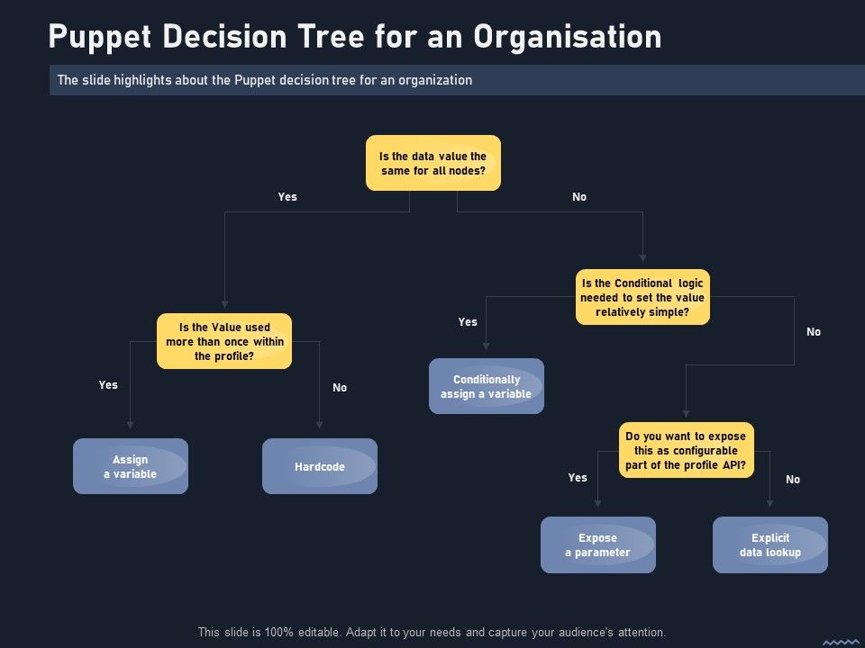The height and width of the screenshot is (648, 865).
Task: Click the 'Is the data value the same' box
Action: [x=432, y=163]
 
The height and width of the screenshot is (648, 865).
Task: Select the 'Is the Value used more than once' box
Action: [x=224, y=341]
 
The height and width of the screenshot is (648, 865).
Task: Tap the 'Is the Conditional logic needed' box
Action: [x=642, y=297]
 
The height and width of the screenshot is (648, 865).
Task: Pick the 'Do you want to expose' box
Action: [x=686, y=450]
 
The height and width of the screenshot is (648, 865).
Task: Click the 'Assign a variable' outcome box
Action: [x=131, y=466]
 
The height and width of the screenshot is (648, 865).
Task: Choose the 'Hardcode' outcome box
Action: [x=320, y=466]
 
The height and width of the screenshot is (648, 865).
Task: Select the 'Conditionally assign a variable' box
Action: [x=487, y=386]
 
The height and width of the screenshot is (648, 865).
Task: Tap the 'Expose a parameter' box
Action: [x=598, y=544]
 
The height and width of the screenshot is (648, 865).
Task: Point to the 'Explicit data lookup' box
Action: [x=770, y=544]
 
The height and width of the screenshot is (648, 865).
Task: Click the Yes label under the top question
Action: [x=287, y=196]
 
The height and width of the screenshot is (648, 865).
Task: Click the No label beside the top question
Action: [x=579, y=196]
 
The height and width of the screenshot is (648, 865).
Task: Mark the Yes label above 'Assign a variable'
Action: [x=108, y=384]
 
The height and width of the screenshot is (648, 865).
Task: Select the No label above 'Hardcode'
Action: [x=340, y=388]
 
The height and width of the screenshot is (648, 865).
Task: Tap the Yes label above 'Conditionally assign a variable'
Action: [x=468, y=321]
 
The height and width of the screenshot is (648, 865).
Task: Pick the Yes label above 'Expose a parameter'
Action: [x=578, y=478]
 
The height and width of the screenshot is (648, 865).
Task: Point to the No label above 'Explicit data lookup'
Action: [x=793, y=480]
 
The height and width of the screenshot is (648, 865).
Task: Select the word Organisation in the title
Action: [x=568, y=37]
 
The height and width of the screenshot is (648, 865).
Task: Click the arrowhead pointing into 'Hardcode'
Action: [x=320, y=426]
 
